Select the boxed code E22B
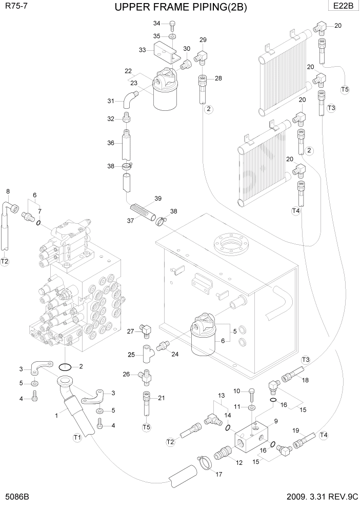[344, 6]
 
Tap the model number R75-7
[15, 6]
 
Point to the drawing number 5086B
[17, 498]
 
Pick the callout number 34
[157, 24]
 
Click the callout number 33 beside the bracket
[143, 50]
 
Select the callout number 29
[203, 40]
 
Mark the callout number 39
[158, 199]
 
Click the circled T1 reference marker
[77, 437]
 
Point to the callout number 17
[219, 474]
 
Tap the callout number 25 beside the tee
[131, 355]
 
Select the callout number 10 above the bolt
[236, 391]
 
